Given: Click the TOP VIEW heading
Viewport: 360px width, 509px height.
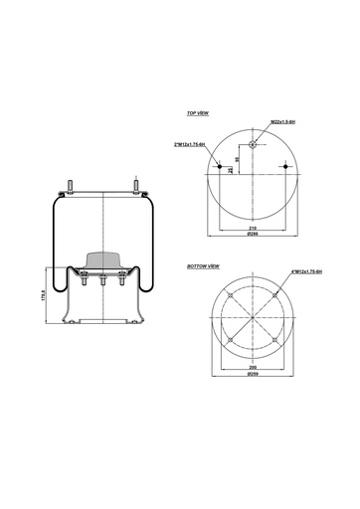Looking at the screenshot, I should click(197, 114).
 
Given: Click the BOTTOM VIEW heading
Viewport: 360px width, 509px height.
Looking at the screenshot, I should click(203, 268).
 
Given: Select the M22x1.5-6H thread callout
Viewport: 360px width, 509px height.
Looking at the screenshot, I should click(283, 122).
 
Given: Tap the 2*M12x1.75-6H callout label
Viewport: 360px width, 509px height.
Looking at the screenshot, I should click(189, 144).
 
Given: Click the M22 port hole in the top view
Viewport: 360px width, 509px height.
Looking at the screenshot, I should click(253, 144).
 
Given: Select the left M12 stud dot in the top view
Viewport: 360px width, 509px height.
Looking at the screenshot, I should click(219, 166).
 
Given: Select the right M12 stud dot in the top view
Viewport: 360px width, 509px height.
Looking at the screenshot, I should click(286, 166).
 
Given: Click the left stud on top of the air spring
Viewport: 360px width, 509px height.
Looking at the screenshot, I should click(73, 186).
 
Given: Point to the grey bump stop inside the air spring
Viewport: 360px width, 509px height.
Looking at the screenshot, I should click(103, 260).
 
